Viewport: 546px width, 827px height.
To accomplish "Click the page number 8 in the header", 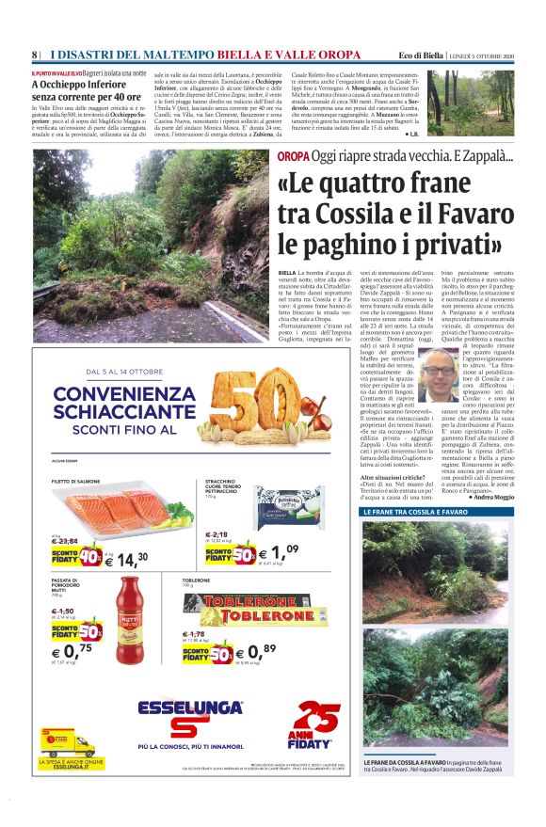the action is click(34, 54).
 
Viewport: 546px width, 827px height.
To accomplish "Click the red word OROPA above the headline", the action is click(292, 157).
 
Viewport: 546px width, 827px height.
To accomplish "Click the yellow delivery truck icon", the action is click(71, 743).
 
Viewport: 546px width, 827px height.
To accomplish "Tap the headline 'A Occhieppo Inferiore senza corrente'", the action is click(85, 89).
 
